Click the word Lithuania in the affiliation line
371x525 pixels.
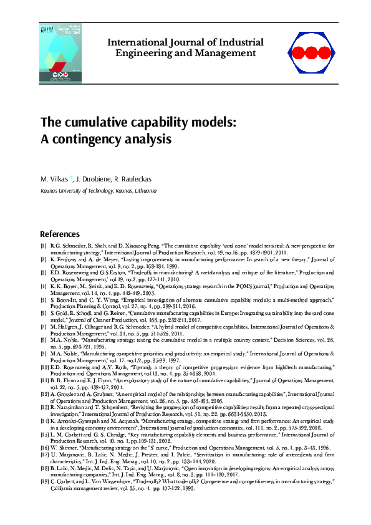[x=143, y=190]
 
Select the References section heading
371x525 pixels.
[x=60, y=234]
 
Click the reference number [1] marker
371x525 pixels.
[x=43, y=246]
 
